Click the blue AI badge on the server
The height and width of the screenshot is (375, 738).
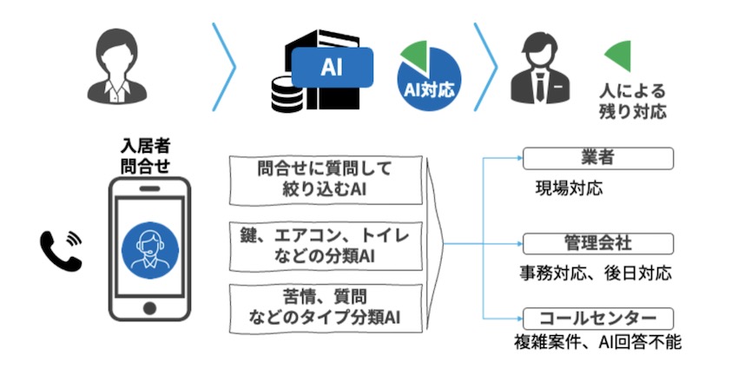pos(333,68)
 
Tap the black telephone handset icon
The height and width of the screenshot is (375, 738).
pos(61,250)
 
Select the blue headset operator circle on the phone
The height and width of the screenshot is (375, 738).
pos(150,249)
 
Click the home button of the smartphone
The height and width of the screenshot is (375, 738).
pos(149,308)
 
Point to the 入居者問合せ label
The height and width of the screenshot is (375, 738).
pos(145,156)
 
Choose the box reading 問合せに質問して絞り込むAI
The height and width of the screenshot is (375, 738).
pos(326,181)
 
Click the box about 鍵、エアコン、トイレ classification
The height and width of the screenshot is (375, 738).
pos(326,246)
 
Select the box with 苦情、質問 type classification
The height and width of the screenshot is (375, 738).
pos(326,308)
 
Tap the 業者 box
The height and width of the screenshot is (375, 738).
pos(598,158)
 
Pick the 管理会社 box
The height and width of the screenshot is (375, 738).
pos(598,244)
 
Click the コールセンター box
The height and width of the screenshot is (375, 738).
pos(598,319)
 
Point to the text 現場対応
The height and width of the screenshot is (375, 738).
pos(569,188)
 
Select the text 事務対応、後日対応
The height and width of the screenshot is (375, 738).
pos(596,273)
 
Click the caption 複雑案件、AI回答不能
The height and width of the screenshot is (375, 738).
pos(597,342)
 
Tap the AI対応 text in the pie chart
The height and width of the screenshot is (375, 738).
pos(429,89)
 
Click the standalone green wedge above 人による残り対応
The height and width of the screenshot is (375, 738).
pos(620,56)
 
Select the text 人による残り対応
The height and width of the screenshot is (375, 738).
pos(633,101)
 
